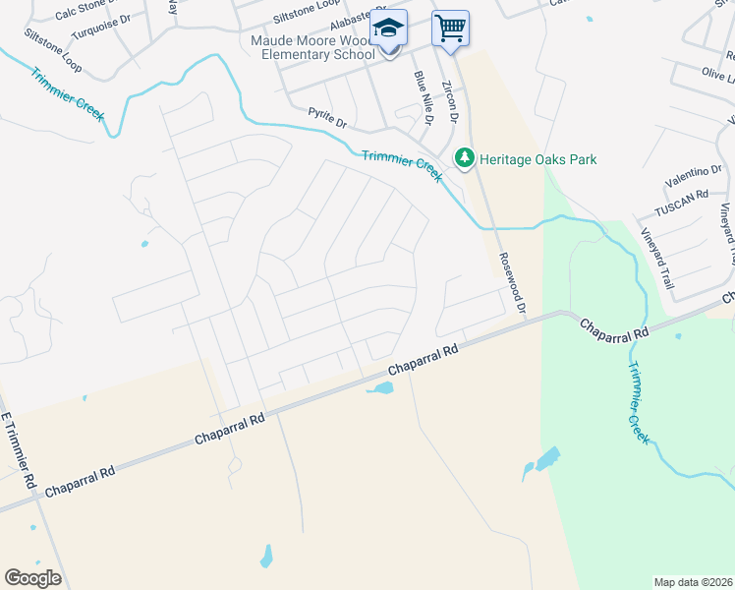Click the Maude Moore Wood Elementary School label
click(312, 48)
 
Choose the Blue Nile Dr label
click(423, 98)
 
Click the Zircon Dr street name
click(451, 101)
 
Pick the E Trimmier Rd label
click(20, 452)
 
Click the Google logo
click(32, 577)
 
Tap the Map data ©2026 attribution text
click(693, 582)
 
